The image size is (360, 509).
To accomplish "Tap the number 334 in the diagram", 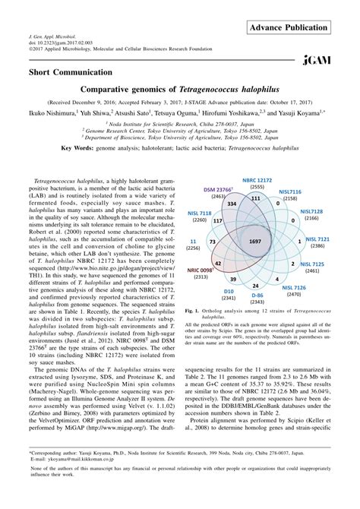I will coord(233,205).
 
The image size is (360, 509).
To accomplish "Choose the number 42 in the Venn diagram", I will coord(217,261).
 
